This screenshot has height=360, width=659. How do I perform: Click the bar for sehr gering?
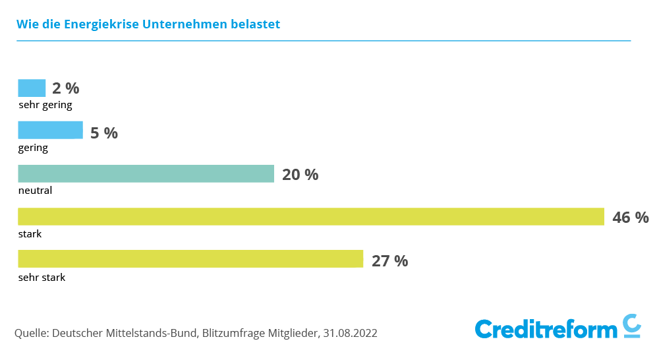click(x=32, y=88)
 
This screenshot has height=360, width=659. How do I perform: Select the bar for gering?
click(x=50, y=131)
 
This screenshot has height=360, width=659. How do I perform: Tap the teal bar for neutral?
click(x=146, y=173)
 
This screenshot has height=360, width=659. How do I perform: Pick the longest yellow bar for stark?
click(x=310, y=216)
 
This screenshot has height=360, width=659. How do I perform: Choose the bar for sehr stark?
click(x=190, y=259)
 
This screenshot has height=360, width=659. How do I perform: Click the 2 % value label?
click(x=66, y=89)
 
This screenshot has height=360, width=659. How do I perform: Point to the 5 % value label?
click(x=103, y=133)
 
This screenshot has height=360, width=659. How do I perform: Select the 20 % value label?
click(x=300, y=175)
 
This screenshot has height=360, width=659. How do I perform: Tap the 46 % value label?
click(x=631, y=218)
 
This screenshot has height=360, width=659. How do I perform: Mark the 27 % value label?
click(x=389, y=261)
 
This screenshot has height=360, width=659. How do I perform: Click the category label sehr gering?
click(x=45, y=105)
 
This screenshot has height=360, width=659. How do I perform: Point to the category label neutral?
click(x=35, y=191)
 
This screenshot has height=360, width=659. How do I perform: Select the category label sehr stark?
click(x=42, y=278)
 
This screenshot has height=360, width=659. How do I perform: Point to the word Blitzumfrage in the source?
click(x=233, y=334)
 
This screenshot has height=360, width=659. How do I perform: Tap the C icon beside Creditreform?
click(x=632, y=326)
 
